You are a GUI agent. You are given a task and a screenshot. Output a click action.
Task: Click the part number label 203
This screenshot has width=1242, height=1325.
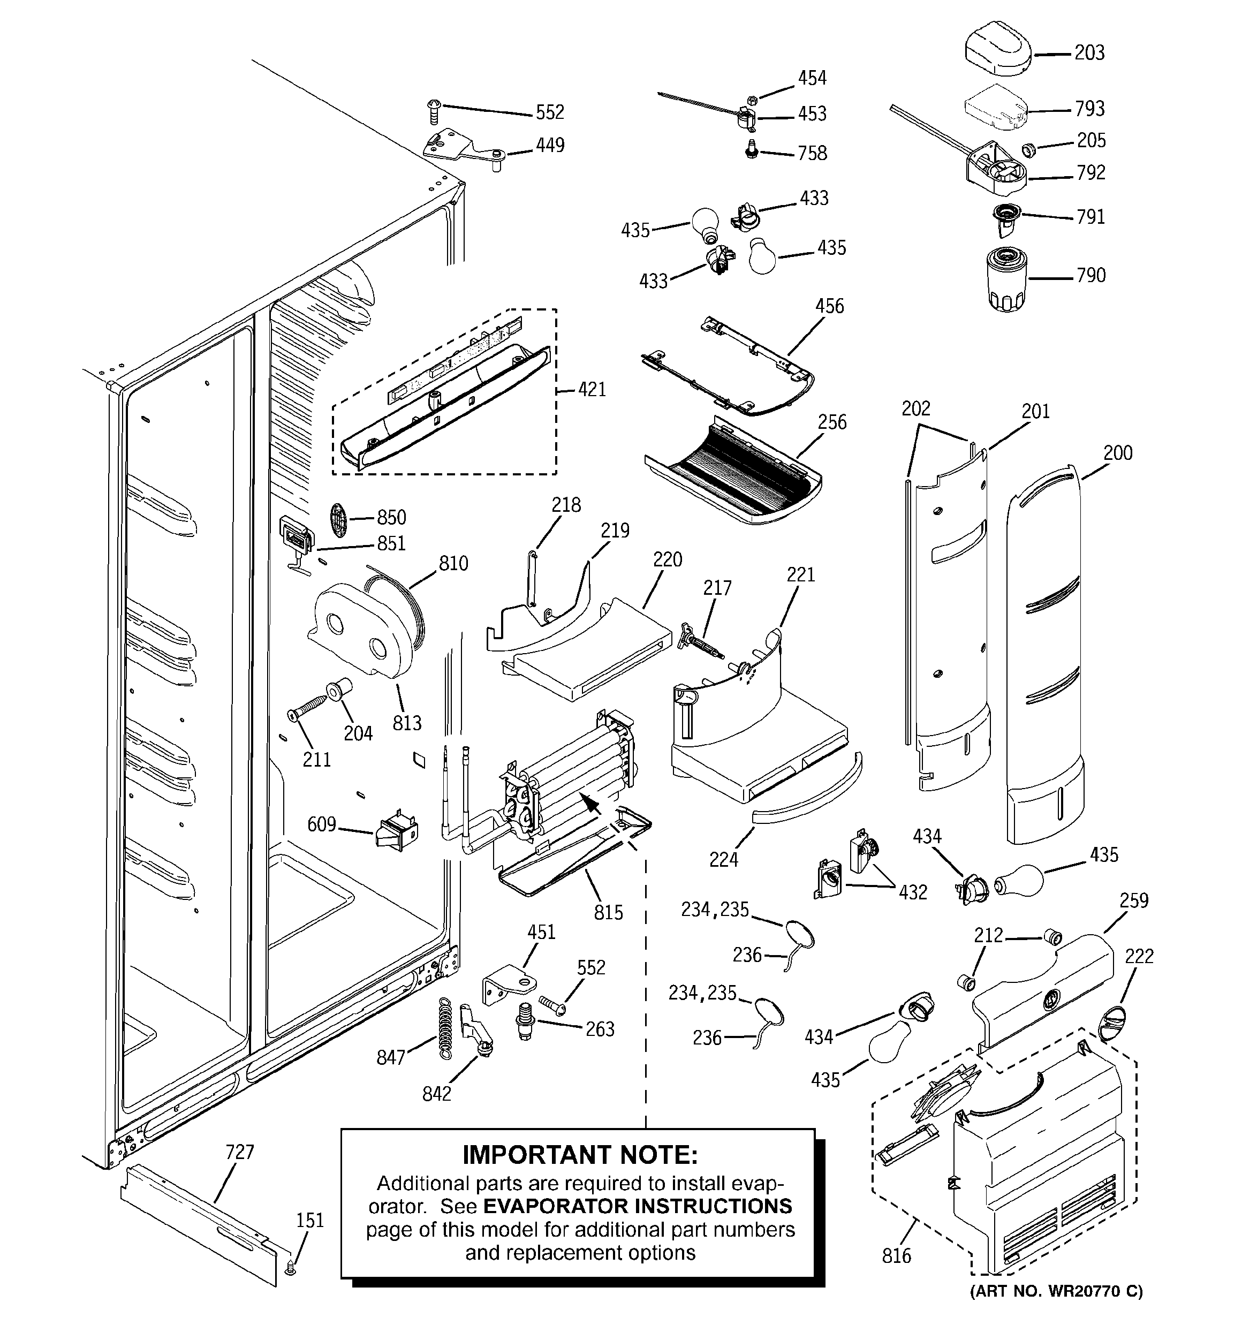click(x=1089, y=54)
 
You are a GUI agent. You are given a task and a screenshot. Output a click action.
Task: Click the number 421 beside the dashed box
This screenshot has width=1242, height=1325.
click(x=592, y=389)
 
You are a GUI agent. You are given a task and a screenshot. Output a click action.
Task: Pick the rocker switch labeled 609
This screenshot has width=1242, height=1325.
click(x=397, y=833)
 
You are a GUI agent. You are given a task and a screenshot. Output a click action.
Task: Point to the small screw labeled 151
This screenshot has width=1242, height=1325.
click(x=290, y=1270)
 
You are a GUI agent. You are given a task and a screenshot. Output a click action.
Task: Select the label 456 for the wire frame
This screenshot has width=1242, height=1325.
click(x=829, y=307)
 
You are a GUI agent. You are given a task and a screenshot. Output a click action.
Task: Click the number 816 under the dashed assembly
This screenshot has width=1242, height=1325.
click(x=896, y=1256)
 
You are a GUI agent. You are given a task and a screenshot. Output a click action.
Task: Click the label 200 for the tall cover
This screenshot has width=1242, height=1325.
click(x=1118, y=453)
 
